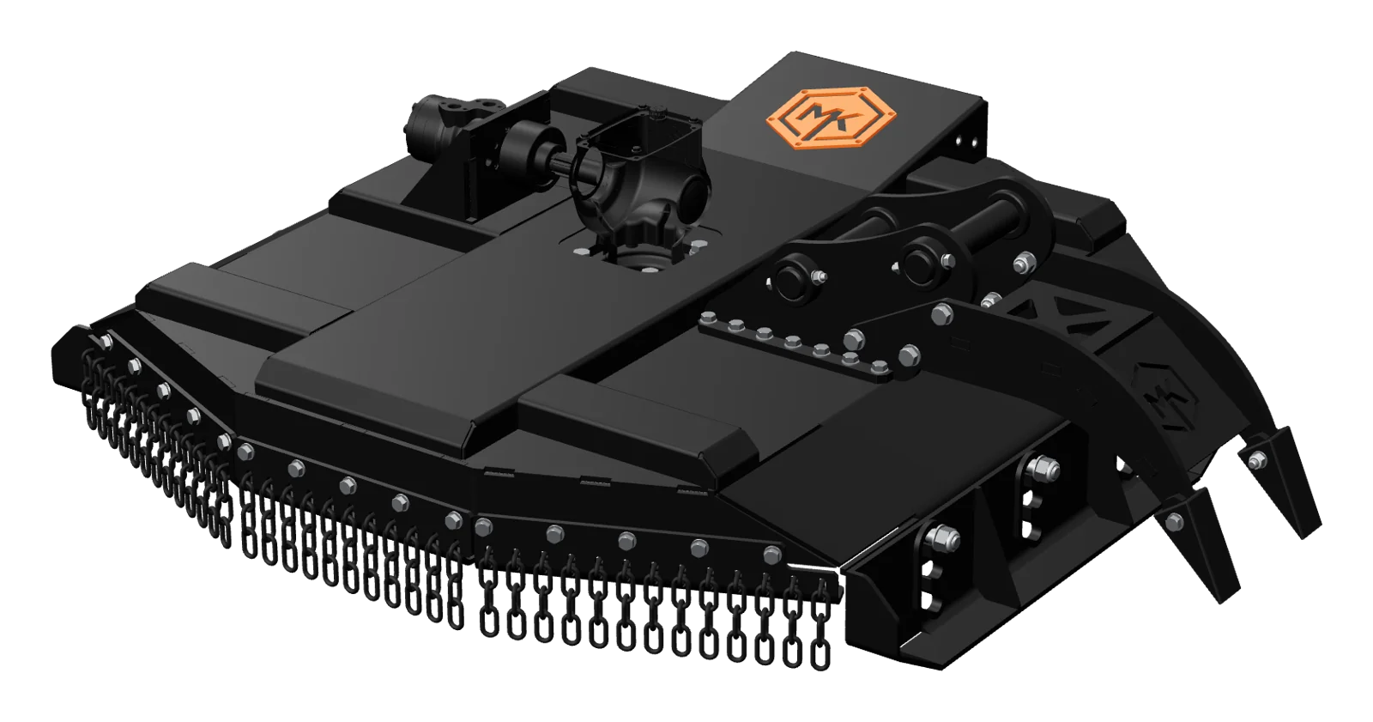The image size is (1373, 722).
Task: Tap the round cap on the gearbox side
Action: point(693,199)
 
